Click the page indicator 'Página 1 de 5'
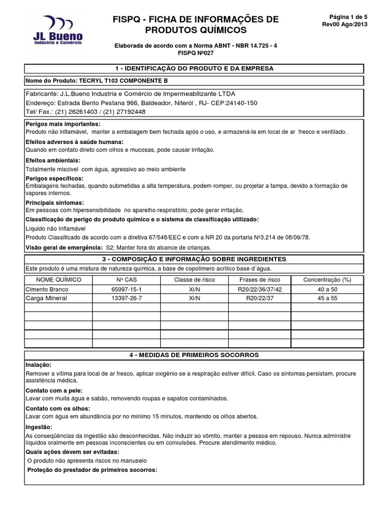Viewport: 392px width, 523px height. [345, 16]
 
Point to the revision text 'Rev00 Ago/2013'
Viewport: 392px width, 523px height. [345, 24]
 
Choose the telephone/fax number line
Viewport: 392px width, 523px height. [85, 111]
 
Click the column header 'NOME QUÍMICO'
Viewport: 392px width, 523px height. [58, 280]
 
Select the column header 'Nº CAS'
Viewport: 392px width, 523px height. [126, 280]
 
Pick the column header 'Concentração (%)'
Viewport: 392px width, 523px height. [327, 280]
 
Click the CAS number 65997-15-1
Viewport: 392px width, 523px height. [126, 289]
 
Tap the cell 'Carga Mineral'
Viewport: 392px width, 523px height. [46, 298]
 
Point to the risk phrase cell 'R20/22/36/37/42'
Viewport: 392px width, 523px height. [259, 289]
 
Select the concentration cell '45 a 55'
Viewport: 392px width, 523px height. [327, 298]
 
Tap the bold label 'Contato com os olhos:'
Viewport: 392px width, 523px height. [58, 409]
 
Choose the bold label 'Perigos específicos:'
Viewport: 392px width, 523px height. [54, 178]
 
